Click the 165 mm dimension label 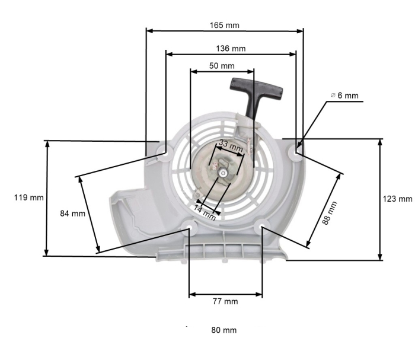click(x=224, y=25)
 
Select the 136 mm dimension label click(x=231, y=48)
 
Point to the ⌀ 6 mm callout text click(x=344, y=95)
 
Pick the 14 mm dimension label click(x=205, y=212)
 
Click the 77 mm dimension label click(x=225, y=301)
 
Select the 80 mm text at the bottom click(x=224, y=330)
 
